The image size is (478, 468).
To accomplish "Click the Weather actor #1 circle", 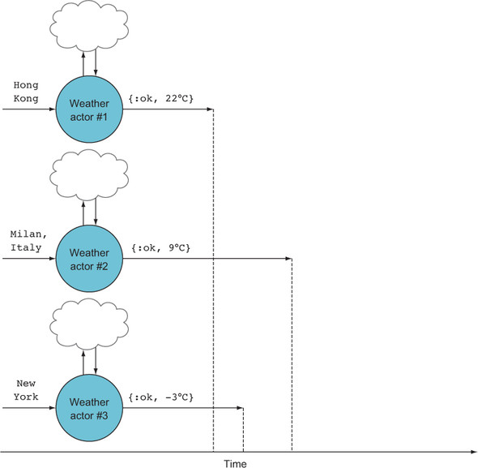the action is [89, 109].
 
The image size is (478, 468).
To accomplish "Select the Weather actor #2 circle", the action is [89, 259].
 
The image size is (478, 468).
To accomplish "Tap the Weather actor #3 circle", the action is [89, 408].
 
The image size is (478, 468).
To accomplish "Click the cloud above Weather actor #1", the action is [89, 26].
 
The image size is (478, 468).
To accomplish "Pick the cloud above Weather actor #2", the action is [89, 175].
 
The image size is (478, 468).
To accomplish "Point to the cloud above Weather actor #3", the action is [89, 324].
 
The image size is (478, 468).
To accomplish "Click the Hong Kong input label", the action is [26, 92].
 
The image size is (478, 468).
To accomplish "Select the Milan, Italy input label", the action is [28, 241].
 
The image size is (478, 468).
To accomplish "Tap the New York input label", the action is [26, 390].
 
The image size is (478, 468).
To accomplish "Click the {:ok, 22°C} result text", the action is [161, 98].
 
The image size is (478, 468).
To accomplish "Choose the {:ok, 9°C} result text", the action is [161, 247].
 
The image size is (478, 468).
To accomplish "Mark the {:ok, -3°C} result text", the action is [161, 397].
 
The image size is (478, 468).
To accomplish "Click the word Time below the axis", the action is [235, 463].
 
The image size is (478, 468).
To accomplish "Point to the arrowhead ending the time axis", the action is [473, 452].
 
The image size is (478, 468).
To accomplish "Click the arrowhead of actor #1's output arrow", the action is [210, 109].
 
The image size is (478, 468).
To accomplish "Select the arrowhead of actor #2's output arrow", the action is [288, 259].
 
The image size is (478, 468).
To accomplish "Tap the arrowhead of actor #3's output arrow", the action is [240, 407].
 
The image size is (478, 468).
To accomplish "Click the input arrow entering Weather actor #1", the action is [29, 109].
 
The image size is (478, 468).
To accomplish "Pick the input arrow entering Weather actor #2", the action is [29, 259].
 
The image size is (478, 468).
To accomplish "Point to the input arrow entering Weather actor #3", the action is [29, 407].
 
